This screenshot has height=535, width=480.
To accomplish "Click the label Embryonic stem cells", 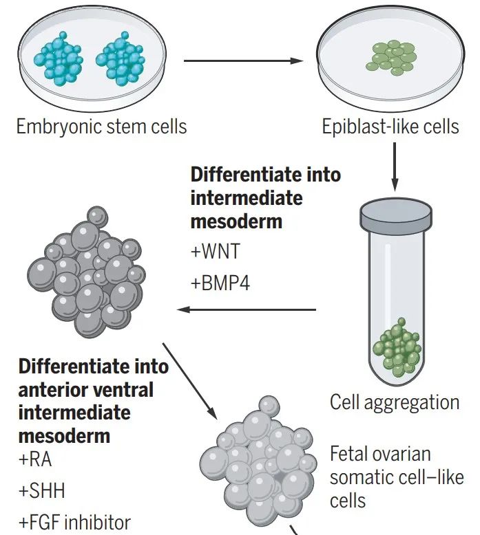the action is (x=101, y=127).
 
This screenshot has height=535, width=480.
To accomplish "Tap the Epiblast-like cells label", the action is (x=390, y=127).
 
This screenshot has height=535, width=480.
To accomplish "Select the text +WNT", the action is (x=216, y=252).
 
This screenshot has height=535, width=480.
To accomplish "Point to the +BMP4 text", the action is (x=220, y=283).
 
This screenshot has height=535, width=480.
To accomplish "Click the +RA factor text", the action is (x=35, y=459).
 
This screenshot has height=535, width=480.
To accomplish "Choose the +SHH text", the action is (x=42, y=490).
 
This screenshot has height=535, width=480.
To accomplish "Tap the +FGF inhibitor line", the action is (x=75, y=522).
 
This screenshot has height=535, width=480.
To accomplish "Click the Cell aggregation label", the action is (x=395, y=403).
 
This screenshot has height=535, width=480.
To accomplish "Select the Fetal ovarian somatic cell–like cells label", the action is (x=397, y=477).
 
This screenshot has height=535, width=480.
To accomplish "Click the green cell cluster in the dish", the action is (x=392, y=57).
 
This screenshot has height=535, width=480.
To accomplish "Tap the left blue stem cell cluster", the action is (x=59, y=58).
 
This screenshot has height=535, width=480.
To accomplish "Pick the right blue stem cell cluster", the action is (x=121, y=58).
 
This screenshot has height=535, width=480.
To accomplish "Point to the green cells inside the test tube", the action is (x=397, y=348).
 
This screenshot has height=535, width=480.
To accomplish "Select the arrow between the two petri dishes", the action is (x=243, y=61).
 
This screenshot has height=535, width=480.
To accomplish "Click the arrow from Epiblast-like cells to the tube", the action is (x=395, y=167).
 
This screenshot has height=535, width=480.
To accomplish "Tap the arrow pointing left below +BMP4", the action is (x=247, y=310).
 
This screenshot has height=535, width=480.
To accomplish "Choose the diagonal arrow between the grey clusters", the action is (x=189, y=381).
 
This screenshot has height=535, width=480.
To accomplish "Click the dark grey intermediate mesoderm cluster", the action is (x=86, y=272).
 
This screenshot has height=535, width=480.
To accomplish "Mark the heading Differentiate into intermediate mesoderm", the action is (x=265, y=198).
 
